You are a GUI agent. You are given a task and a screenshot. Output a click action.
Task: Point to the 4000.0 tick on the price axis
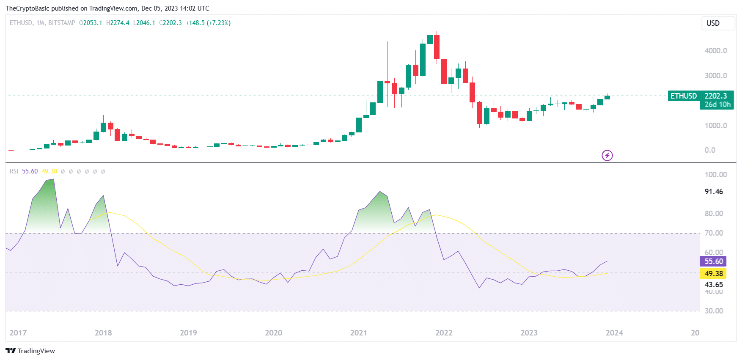coord(716,51)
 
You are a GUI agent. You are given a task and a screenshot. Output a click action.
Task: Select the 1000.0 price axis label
coord(716,126)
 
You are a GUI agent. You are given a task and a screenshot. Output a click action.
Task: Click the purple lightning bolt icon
coord(607,156)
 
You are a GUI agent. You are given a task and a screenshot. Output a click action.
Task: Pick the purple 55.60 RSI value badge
coord(713,261)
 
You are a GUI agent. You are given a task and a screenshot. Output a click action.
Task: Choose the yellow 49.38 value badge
coord(713,274)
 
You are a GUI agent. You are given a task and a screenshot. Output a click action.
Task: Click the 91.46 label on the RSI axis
coord(714,192)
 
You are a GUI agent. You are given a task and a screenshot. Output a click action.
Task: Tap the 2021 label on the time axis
coord(359,333)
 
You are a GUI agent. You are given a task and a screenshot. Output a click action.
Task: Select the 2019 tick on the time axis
coord(188,333)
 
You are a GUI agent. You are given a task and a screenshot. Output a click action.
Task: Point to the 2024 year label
coord(614,333)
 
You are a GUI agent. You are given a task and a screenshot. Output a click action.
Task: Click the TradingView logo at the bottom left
coord(30,351)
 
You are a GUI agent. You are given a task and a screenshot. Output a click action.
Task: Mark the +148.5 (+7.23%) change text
coord(208,23)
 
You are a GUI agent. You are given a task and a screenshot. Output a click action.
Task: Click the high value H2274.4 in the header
coord(118,23)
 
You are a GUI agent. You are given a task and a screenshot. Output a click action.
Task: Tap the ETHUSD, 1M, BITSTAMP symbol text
coord(42,23)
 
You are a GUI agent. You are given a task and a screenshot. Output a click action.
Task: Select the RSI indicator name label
coord(14,171)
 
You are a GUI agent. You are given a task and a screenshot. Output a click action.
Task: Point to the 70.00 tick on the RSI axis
coord(714,233)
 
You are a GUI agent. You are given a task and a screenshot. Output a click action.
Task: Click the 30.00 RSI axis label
coord(714,311)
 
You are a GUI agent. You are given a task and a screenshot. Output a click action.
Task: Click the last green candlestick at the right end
coord(607,97)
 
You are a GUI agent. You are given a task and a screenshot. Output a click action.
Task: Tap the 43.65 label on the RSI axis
coord(714,285)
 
